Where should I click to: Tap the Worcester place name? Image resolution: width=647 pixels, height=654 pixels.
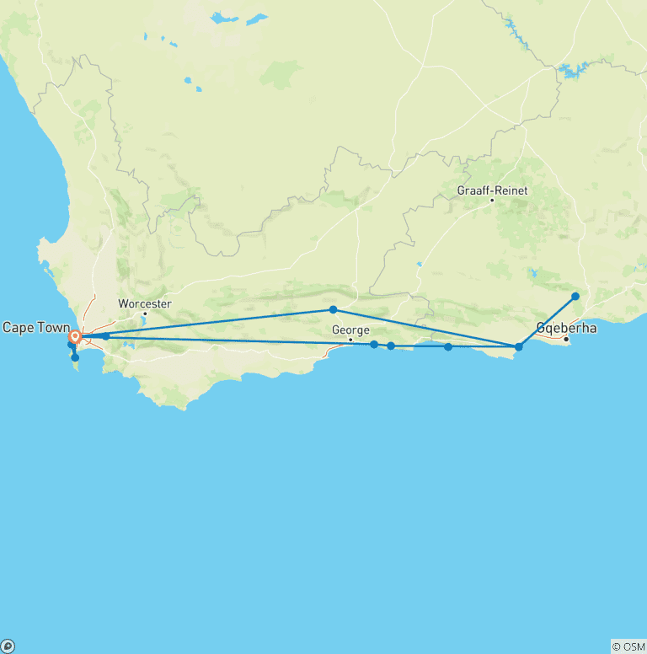[145, 303]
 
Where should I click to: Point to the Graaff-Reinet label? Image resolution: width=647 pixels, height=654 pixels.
[492, 190]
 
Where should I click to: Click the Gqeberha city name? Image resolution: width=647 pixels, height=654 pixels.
[567, 328]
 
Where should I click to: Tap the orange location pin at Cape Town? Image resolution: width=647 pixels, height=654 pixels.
[74, 337]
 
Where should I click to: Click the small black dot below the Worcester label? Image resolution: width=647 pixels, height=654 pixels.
[144, 314]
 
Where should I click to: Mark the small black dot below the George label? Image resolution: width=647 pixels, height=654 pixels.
[350, 340]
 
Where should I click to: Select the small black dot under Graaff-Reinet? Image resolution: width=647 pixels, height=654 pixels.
[491, 201]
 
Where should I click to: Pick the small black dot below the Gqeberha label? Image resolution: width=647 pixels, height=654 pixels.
[566, 340]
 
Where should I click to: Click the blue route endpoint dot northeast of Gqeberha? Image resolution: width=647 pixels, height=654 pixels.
[575, 296]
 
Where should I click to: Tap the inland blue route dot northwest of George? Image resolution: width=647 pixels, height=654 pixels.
[333, 310]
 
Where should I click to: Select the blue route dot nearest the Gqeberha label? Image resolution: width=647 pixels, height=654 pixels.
[519, 346]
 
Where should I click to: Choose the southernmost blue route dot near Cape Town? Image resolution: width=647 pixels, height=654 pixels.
[75, 357]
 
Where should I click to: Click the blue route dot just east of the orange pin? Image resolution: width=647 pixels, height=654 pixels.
[105, 336]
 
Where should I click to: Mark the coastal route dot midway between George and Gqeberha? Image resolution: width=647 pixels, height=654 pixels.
[448, 346]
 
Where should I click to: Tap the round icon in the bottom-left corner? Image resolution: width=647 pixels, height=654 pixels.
[8, 646]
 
